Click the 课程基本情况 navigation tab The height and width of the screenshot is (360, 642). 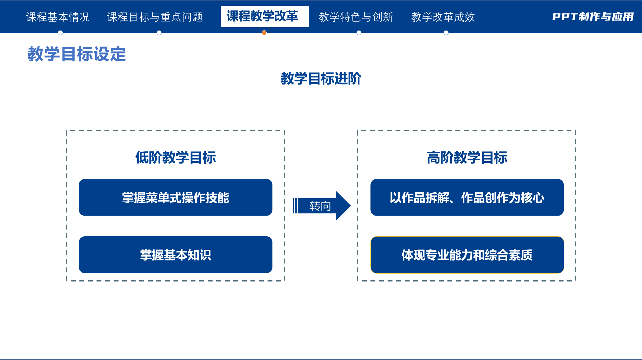click(x=58, y=17)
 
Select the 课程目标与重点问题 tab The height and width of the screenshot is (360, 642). click(x=155, y=17)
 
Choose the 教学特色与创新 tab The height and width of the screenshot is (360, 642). click(x=356, y=17)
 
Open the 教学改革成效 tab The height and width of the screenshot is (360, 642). click(x=443, y=17)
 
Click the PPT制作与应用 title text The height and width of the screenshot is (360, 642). click(x=593, y=17)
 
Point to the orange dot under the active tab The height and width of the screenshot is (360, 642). click(x=264, y=33)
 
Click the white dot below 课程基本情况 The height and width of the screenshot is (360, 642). click(x=60, y=33)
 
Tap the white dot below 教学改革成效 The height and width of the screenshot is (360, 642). click(x=446, y=33)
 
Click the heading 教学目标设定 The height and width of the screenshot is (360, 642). click(x=77, y=54)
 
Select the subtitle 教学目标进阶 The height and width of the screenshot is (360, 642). click(x=321, y=78)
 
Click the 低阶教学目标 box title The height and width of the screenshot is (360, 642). click(x=176, y=158)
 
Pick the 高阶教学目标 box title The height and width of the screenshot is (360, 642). click(x=467, y=158)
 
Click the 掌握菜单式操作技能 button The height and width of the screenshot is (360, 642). click(x=176, y=198)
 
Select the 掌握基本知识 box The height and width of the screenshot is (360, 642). click(x=176, y=255)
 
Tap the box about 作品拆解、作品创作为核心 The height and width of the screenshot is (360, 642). click(x=467, y=198)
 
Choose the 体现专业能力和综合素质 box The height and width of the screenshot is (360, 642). click(x=467, y=255)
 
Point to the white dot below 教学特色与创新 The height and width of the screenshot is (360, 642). click(x=359, y=33)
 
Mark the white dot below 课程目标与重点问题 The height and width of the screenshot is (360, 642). click(x=159, y=33)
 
